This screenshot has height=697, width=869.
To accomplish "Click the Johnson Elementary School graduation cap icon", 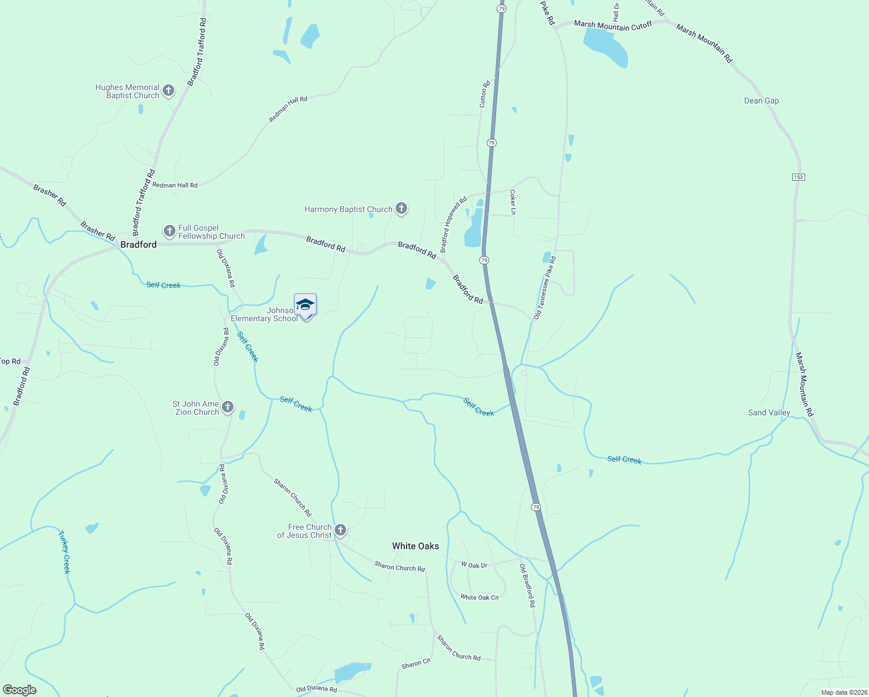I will click(x=306, y=304).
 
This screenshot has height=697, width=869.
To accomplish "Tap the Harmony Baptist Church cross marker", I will click(x=401, y=208).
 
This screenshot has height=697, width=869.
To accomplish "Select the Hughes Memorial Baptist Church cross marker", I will click(x=168, y=90).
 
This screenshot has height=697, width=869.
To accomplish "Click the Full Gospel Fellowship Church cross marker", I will click(x=169, y=231).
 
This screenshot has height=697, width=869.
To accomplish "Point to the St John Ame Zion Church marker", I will click(x=228, y=407).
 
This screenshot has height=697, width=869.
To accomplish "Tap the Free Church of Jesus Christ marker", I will click(x=340, y=530).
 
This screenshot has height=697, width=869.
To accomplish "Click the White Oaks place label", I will click(x=415, y=546).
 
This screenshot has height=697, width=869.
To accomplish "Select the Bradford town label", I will click(x=138, y=245).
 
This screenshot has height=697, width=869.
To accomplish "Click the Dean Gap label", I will click(x=762, y=100).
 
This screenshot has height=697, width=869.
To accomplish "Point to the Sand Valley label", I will click(x=769, y=412).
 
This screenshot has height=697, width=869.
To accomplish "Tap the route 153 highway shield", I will click(x=799, y=177).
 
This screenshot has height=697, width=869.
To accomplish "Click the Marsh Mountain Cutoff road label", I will click(x=613, y=26).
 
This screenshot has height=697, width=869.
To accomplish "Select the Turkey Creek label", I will click(x=64, y=552).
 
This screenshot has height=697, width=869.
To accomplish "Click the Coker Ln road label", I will click(x=513, y=202).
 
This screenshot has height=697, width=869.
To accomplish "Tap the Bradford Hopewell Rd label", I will click(x=454, y=225).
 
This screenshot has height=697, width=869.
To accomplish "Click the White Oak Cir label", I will click(x=479, y=597).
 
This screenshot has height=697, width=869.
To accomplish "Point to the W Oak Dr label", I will click(x=474, y=565).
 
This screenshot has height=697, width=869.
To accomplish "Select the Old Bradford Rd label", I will click(x=527, y=585).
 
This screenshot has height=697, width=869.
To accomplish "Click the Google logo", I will click(x=20, y=690).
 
